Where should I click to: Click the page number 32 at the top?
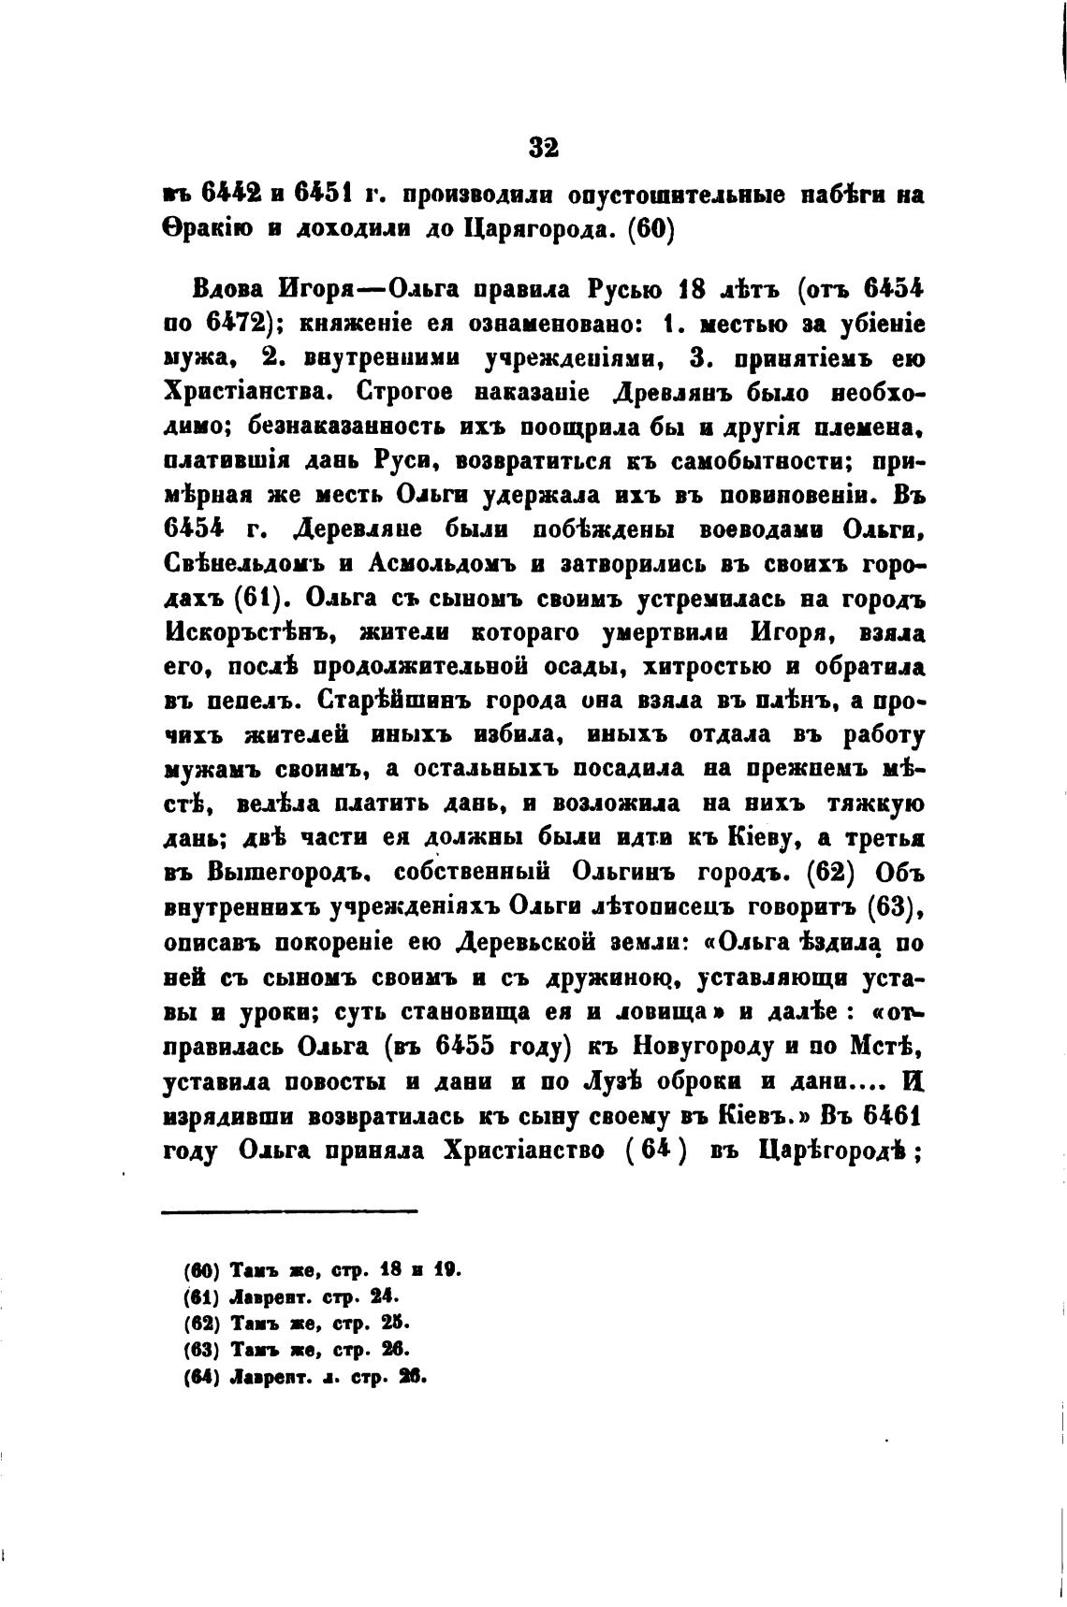(543, 148)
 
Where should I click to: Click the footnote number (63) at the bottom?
(201, 1349)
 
